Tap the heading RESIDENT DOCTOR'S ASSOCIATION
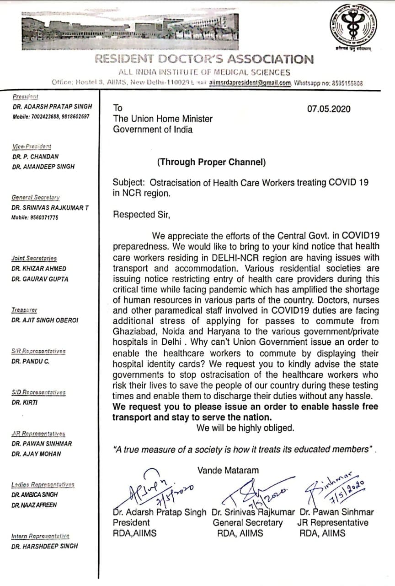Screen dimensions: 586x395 pyautogui.click(x=204, y=59)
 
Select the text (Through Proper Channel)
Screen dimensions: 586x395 pyautogui.click(x=211, y=162)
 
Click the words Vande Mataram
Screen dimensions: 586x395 pyautogui.click(x=228, y=470)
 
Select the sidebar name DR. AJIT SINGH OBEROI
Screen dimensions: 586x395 pyautogui.click(x=45, y=320)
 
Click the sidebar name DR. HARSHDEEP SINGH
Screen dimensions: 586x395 pyautogui.click(x=45, y=546)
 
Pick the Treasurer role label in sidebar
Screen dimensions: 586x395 pyautogui.click(x=25, y=310)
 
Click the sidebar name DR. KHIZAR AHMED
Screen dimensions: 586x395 pyautogui.click(x=39, y=269)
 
